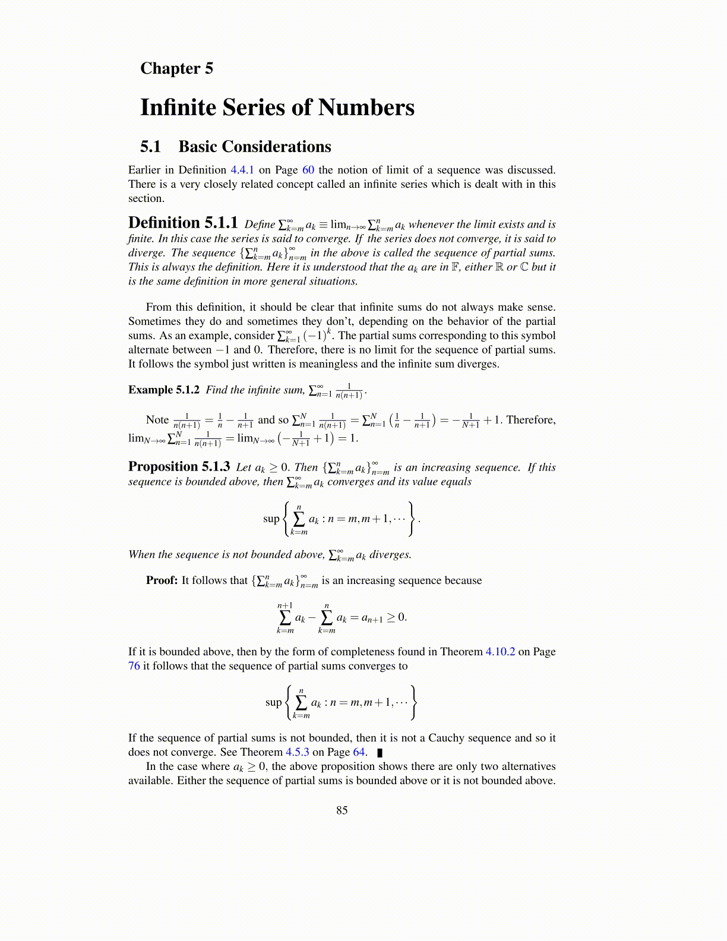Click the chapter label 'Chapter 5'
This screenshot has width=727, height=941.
(x=176, y=68)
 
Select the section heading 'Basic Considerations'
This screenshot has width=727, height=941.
(x=254, y=147)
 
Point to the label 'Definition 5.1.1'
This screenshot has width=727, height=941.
(x=183, y=223)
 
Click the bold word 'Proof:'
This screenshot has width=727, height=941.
(x=162, y=580)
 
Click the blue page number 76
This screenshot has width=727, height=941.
(x=134, y=666)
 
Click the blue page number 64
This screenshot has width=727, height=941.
(x=359, y=752)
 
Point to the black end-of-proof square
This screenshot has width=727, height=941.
(x=380, y=753)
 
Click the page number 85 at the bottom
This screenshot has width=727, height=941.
(x=342, y=810)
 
